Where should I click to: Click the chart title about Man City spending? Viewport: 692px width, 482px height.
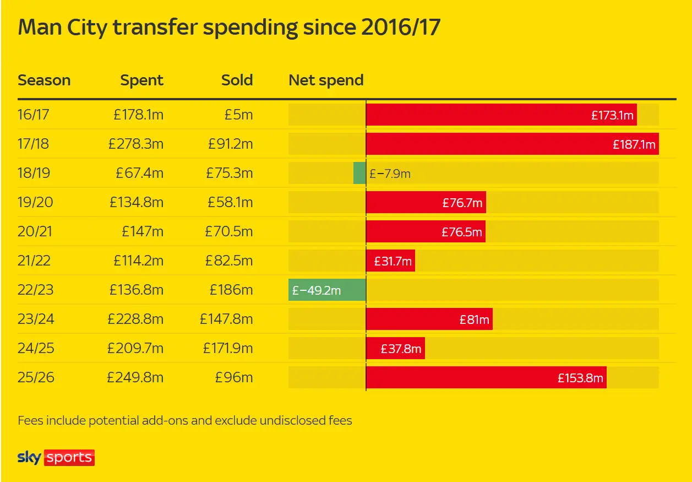click(229, 28)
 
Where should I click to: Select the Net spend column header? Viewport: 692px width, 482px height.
click(326, 80)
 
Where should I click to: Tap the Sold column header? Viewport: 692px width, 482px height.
click(237, 80)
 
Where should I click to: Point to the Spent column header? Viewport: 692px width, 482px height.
click(142, 80)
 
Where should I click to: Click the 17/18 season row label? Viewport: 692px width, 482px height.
click(33, 144)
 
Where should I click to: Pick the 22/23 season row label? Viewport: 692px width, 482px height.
click(35, 290)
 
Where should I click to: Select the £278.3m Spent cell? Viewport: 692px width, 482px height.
click(136, 144)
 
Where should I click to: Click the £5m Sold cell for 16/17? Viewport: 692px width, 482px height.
click(238, 115)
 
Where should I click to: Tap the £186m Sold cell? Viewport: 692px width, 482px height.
click(231, 290)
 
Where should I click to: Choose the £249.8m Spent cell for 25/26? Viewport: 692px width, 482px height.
click(135, 377)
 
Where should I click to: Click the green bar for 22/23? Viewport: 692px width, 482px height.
click(327, 290)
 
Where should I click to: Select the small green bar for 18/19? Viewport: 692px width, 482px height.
click(359, 173)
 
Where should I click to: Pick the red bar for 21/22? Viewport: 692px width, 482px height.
click(390, 261)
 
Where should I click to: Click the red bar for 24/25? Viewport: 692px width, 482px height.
click(395, 348)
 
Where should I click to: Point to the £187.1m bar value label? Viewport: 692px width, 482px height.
click(634, 144)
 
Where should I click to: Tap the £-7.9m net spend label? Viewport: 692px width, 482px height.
click(390, 174)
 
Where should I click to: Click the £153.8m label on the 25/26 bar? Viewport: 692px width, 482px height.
click(580, 378)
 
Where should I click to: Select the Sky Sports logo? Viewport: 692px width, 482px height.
click(56, 457)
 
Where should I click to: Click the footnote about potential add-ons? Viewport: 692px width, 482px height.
click(185, 421)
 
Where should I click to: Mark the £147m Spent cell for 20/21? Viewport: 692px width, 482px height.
click(143, 231)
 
